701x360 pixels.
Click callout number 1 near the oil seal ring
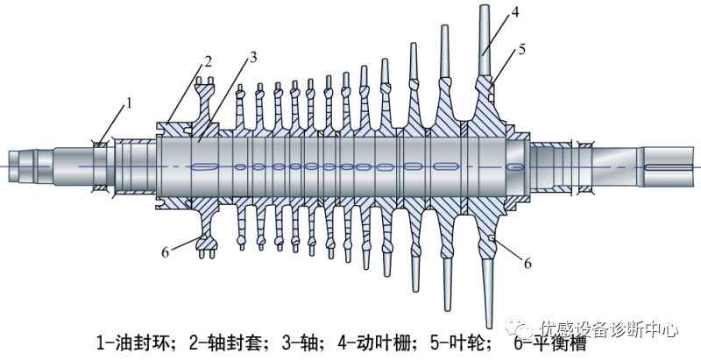129,103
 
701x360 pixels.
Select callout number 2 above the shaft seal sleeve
208,62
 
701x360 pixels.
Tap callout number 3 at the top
253,57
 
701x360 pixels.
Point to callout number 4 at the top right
515,12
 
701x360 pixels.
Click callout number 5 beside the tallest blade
521,50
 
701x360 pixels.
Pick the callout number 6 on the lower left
166,253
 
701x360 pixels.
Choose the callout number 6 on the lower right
528,264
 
